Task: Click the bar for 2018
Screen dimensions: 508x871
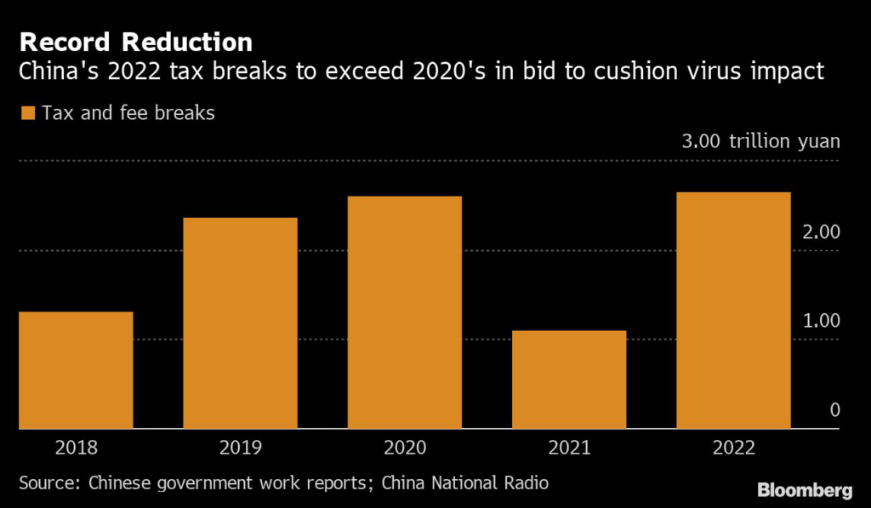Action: [76, 370]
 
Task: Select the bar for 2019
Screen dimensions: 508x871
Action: [240, 323]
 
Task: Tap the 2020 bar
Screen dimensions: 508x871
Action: [404, 312]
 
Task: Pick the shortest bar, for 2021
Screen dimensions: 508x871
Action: [569, 380]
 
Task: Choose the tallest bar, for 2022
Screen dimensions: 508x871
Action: [733, 311]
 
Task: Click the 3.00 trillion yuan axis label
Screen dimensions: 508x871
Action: [760, 141]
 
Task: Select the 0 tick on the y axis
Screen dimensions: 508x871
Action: [834, 410]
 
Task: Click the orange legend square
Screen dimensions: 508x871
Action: [27, 113]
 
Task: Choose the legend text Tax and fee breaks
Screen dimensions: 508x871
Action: [128, 112]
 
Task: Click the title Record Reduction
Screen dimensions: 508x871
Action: [135, 42]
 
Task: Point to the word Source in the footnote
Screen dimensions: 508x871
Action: [48, 483]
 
